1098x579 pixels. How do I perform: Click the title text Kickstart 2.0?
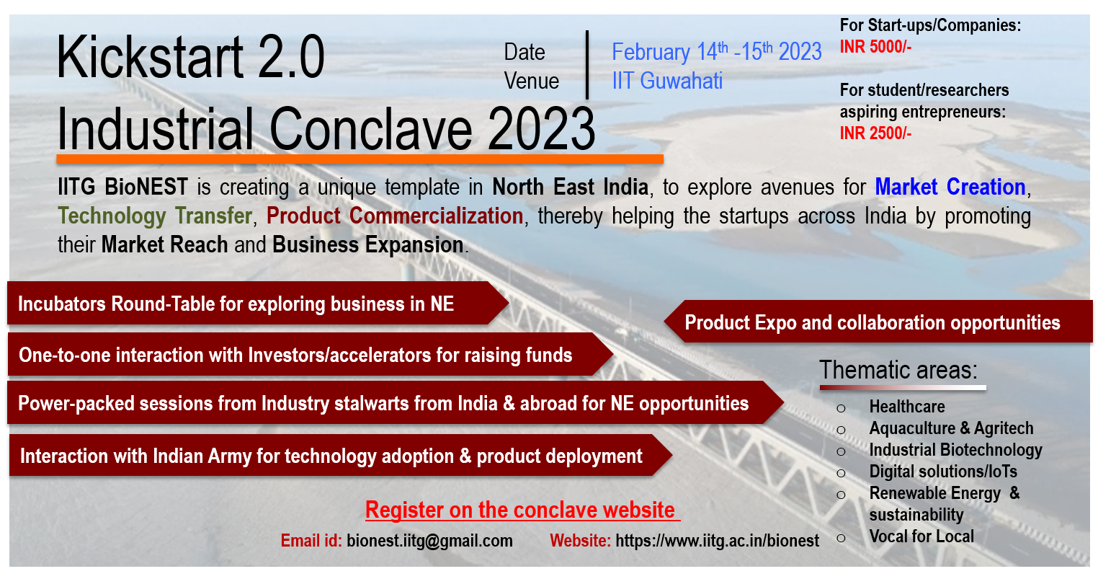click(x=191, y=57)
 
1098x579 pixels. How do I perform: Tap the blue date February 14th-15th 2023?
click(x=717, y=51)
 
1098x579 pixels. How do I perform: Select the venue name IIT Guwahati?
click(x=667, y=81)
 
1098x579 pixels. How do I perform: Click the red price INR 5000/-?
click(x=875, y=47)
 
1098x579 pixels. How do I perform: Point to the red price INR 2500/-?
click(x=875, y=133)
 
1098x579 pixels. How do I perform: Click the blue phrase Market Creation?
click(x=950, y=187)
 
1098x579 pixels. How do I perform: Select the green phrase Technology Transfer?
click(x=155, y=216)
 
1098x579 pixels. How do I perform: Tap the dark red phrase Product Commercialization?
click(x=395, y=216)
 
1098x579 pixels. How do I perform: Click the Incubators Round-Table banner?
click(x=258, y=304)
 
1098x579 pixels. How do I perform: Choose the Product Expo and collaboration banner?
click(x=878, y=322)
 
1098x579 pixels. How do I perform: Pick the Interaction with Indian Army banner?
click(x=340, y=456)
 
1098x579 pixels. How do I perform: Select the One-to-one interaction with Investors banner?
click(x=311, y=354)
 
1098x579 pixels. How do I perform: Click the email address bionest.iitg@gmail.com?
click(x=429, y=541)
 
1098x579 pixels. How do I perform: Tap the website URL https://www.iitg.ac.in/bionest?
click(x=717, y=541)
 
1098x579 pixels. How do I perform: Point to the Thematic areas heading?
click(x=898, y=370)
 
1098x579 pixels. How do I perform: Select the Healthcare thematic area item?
click(x=907, y=406)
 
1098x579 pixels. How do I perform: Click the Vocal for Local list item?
click(x=921, y=536)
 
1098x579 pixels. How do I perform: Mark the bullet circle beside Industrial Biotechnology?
click(x=841, y=451)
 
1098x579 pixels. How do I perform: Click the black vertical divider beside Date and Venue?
click(x=587, y=65)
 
